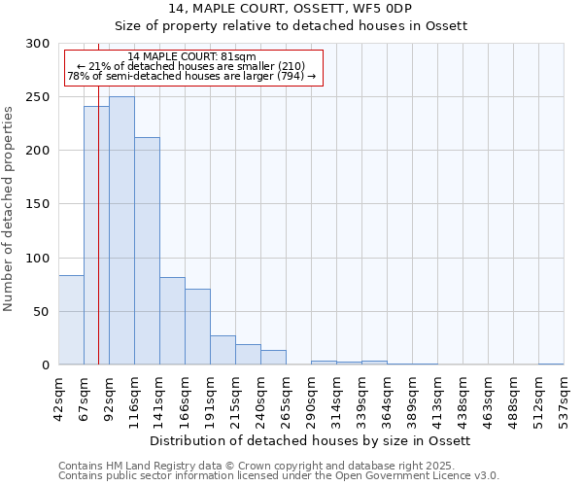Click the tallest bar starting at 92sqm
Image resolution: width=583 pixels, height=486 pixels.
click(x=121, y=231)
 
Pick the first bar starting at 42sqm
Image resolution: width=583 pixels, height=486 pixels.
click(x=71, y=320)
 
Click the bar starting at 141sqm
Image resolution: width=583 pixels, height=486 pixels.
click(x=172, y=321)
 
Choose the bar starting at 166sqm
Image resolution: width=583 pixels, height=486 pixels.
click(x=197, y=327)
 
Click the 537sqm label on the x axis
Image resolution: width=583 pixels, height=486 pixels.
click(x=564, y=399)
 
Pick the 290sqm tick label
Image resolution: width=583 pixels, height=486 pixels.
click(x=312, y=399)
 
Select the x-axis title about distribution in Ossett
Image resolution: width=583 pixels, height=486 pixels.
click(x=311, y=440)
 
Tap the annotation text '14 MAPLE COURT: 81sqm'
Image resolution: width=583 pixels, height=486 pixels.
click(x=191, y=57)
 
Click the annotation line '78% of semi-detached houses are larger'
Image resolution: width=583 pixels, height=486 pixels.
click(x=191, y=76)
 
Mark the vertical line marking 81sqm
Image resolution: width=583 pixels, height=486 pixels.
click(x=98, y=224)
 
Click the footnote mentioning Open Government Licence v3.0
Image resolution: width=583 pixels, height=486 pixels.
click(x=279, y=475)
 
